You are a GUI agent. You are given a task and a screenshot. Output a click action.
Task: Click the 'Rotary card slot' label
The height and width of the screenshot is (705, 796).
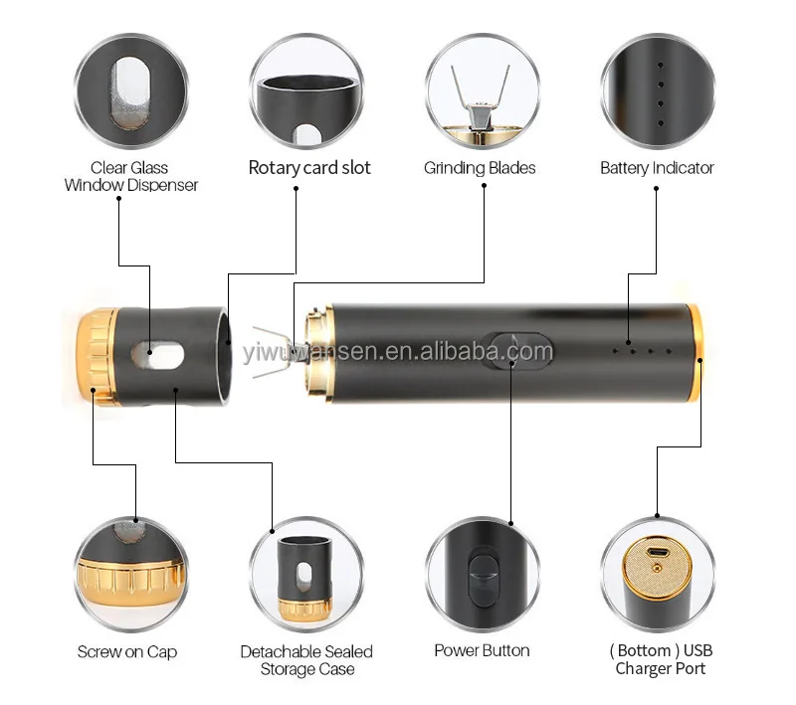pyautogui.click(x=309, y=168)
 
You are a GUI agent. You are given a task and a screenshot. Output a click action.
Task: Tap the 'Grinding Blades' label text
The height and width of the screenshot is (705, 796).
pyautogui.click(x=480, y=168)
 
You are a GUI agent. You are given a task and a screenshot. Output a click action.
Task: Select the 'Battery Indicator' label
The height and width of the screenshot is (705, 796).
pyautogui.click(x=657, y=168)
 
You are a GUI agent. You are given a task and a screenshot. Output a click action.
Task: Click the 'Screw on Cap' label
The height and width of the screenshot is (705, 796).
pyautogui.click(x=126, y=652)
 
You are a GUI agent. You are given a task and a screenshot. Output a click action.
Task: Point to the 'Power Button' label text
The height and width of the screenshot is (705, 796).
pyautogui.click(x=482, y=651)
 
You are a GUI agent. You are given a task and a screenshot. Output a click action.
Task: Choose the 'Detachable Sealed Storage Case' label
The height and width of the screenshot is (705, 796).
pyautogui.click(x=306, y=660)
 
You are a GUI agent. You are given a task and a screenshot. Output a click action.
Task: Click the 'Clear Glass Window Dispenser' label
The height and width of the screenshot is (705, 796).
pyautogui.click(x=130, y=176)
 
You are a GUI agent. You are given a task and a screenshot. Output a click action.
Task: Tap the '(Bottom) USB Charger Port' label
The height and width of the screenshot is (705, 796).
pyautogui.click(x=662, y=660)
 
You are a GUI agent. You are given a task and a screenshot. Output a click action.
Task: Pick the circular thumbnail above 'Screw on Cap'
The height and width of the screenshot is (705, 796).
pyautogui.click(x=130, y=575)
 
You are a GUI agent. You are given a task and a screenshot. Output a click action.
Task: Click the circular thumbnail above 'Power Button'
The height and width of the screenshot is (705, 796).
pyautogui.click(x=482, y=575)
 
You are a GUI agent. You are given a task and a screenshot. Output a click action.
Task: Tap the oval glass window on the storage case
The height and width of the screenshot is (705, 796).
pyautogui.click(x=154, y=351)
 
